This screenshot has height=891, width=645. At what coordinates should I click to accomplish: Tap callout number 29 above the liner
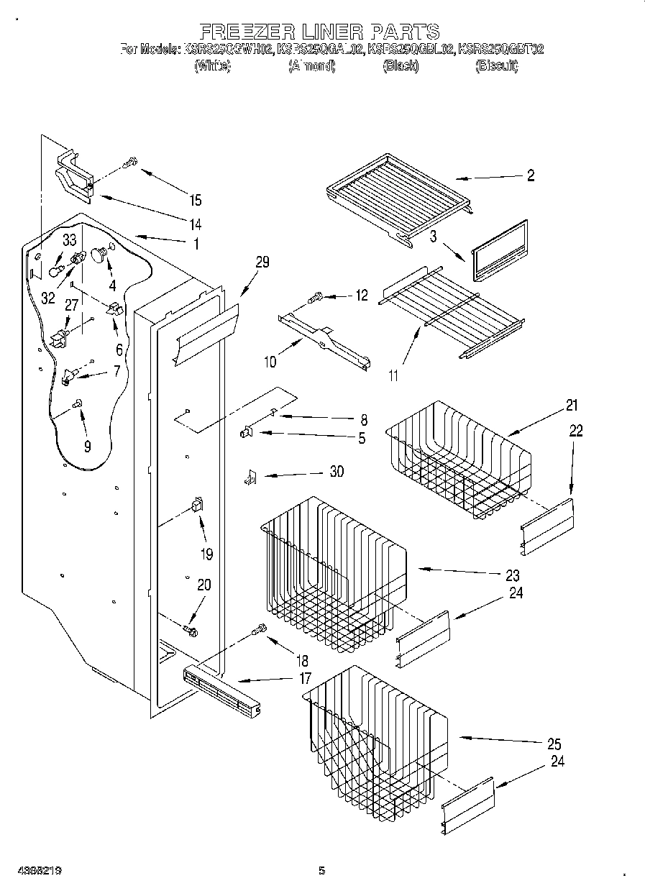[x=262, y=262]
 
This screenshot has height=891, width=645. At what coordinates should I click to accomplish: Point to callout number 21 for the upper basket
[x=571, y=406]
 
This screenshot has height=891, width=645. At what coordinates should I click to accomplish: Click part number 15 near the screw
[x=195, y=201]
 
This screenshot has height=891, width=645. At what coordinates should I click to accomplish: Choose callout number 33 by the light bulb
[x=68, y=240]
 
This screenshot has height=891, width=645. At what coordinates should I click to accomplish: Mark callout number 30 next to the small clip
[x=336, y=472]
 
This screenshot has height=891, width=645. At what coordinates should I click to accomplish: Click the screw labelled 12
[x=315, y=296]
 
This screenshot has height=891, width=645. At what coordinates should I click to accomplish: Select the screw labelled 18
[x=259, y=631]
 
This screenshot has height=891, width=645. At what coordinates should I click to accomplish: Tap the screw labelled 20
[x=192, y=630]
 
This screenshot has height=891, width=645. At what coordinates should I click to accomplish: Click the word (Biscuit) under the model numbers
[x=496, y=67]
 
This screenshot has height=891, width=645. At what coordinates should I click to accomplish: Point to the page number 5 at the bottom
[x=322, y=871]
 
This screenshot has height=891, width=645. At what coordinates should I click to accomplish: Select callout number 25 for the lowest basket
[x=553, y=744]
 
